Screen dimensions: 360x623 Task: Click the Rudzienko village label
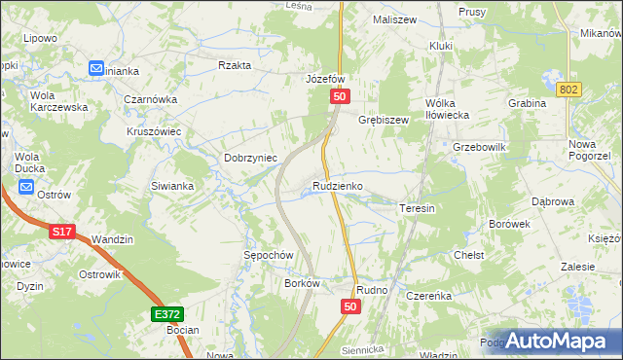[338, 185]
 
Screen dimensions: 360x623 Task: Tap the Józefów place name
[326, 79]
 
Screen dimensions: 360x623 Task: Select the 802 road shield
[570, 90]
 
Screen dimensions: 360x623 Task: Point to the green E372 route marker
[165, 314]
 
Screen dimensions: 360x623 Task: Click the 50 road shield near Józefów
[339, 96]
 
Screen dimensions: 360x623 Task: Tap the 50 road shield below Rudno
[351, 306]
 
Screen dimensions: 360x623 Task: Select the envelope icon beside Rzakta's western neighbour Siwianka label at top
[96, 68]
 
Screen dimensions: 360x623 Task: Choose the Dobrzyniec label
[251, 158]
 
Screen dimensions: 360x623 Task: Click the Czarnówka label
[150, 98]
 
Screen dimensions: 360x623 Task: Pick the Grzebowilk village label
[480, 147]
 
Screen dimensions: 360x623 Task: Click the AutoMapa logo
[557, 340]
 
